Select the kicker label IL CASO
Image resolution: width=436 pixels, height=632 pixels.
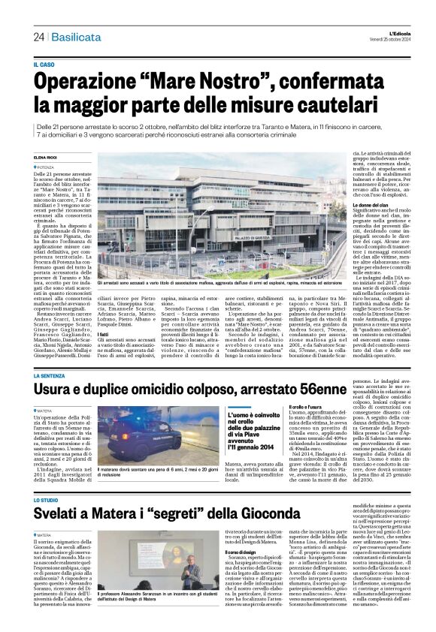click(44, 66)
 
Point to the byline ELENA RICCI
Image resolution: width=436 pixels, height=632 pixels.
click(46, 156)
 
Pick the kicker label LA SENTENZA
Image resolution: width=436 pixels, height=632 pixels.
click(49, 375)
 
